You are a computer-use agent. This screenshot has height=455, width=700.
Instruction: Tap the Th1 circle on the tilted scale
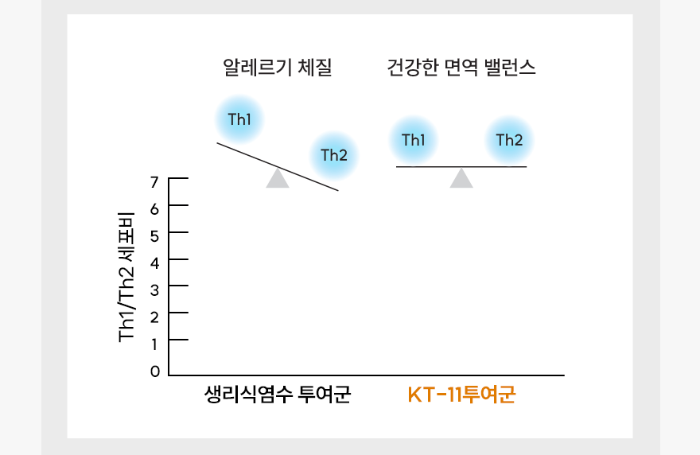point(239,120)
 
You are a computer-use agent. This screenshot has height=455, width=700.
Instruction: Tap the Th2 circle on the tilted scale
point(334,154)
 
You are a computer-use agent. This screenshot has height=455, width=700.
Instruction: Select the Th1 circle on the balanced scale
point(414,141)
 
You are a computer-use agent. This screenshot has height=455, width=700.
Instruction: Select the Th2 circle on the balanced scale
point(509,141)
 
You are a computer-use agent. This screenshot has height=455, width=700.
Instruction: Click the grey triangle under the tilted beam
point(278,178)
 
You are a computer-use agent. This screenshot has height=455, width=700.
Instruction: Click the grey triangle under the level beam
point(461,178)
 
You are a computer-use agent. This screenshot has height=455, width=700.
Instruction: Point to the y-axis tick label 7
point(155,182)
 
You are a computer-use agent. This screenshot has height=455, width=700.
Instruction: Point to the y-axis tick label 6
point(155,208)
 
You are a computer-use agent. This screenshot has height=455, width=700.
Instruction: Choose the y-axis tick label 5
point(155,235)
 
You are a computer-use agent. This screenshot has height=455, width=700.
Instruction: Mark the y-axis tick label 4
point(155,262)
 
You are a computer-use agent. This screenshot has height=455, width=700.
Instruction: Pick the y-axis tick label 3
point(155,290)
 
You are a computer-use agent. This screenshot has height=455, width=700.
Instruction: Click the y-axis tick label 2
point(155,317)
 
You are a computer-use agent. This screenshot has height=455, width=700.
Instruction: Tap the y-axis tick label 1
point(155,344)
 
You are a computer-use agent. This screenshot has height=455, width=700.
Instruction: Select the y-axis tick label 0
point(155,371)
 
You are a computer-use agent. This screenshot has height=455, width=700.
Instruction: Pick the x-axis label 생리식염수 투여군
point(278,395)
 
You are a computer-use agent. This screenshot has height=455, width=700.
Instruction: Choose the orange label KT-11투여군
point(461,395)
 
